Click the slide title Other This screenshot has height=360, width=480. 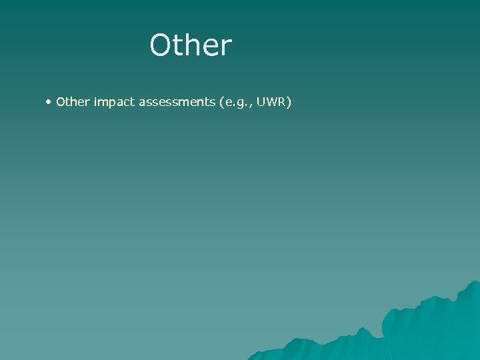point(191,45)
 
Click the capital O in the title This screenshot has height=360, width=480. point(161,45)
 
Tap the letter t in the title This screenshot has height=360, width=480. point(178,45)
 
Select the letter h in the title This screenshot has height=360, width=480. point(193,45)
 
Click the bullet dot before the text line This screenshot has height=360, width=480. point(49,102)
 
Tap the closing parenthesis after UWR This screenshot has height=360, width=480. point(289,103)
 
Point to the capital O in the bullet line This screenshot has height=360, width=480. point(60,102)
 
